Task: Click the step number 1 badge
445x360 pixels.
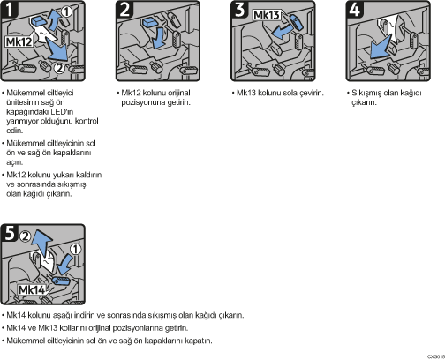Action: click(x=9, y=9)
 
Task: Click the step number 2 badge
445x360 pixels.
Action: click(x=124, y=9)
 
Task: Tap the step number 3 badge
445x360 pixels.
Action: click(x=239, y=9)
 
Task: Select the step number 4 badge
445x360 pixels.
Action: click(x=355, y=9)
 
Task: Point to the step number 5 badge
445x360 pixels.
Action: click(x=9, y=232)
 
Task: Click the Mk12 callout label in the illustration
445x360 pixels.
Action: click(x=19, y=41)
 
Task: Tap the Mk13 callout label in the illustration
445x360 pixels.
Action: click(x=267, y=15)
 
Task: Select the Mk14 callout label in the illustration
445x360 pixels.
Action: click(x=32, y=290)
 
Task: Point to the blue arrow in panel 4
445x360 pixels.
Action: click(x=380, y=47)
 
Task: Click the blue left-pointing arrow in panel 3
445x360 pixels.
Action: click(x=282, y=32)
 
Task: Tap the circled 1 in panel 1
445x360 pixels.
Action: click(x=67, y=11)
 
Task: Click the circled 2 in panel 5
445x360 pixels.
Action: click(x=26, y=236)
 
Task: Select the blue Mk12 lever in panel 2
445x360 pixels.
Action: click(x=150, y=21)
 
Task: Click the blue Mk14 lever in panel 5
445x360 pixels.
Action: click(x=61, y=281)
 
